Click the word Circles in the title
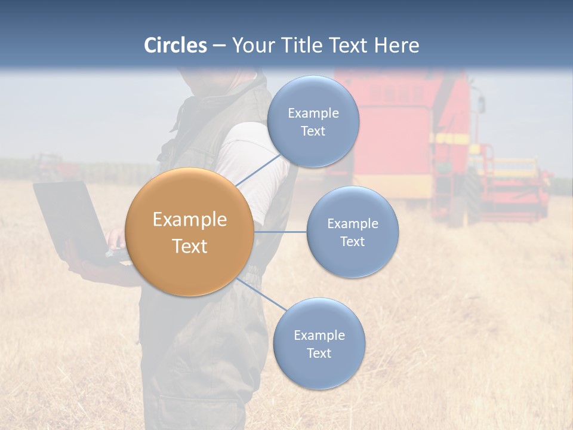(175, 45)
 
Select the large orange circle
(189, 232)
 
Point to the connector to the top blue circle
(258, 170)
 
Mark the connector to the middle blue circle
(281, 232)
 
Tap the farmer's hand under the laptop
(95, 270)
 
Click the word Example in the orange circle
(189, 220)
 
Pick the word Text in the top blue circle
(313, 131)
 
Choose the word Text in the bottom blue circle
(319, 354)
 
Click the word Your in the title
(251, 45)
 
